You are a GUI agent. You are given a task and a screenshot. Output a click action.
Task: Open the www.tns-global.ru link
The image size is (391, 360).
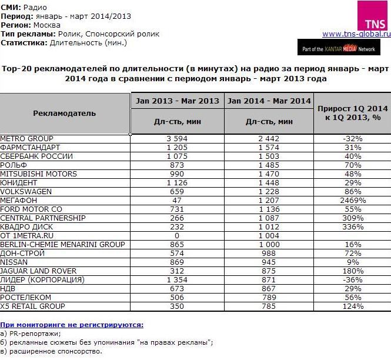tap(356, 34)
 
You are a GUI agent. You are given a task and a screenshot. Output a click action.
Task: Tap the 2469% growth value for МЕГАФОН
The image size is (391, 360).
tap(352, 200)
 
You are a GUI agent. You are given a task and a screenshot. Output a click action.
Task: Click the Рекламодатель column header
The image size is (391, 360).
tap(65, 113)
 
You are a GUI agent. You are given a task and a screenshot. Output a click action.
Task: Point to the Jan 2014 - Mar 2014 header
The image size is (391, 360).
tap(269, 101)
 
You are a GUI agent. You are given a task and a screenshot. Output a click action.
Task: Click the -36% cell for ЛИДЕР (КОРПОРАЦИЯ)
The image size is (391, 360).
tap(352, 279)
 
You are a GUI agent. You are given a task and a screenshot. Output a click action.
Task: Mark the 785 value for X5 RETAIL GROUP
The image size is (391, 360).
tap(269, 306)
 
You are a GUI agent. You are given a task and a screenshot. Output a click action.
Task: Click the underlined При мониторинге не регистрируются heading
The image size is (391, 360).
tap(72, 325)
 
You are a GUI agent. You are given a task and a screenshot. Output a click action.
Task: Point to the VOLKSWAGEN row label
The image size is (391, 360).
tap(26, 191)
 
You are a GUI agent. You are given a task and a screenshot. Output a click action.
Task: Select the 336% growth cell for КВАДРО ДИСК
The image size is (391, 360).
tap(352, 226)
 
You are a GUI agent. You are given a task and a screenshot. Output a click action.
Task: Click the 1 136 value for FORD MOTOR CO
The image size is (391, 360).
tap(269, 209)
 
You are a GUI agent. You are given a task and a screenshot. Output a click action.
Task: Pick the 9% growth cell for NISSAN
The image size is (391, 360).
tap(352, 262)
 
